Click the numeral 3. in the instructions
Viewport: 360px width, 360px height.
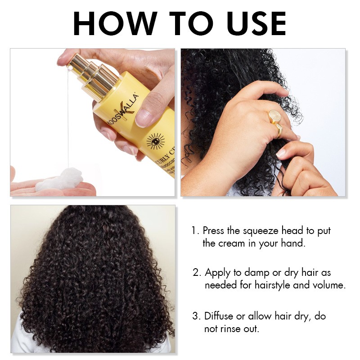(x=196, y=316)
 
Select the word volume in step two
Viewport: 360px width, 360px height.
(x=328, y=285)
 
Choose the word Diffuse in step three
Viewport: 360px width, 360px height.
(x=220, y=316)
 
